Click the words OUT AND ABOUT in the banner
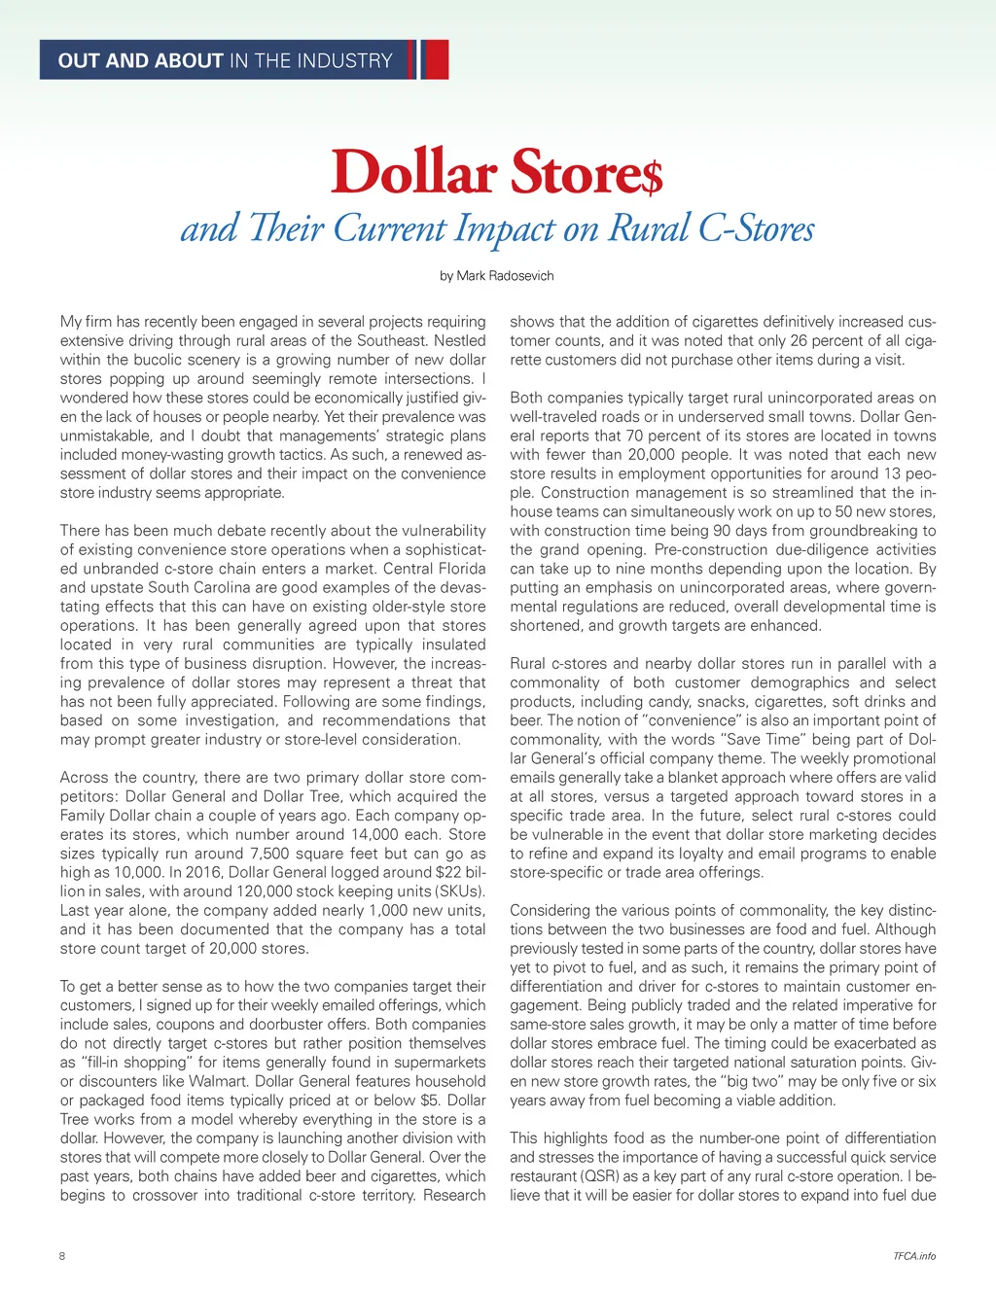(141, 60)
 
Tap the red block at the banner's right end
(437, 59)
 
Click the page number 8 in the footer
(63, 1256)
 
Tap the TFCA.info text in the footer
(914, 1256)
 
